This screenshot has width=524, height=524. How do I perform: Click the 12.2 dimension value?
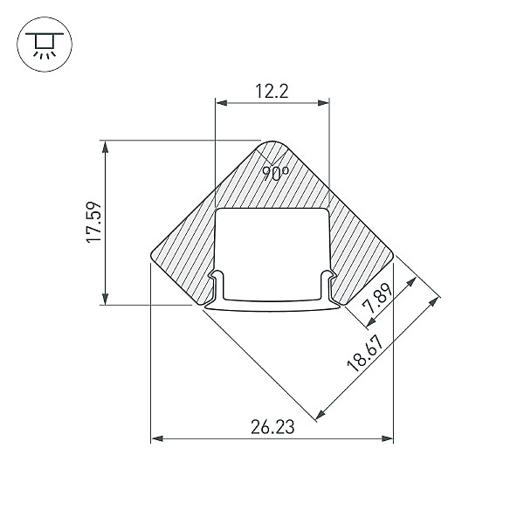(x=272, y=91)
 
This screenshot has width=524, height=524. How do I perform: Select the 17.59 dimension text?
(x=93, y=222)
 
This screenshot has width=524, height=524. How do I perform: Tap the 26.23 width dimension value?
(x=272, y=427)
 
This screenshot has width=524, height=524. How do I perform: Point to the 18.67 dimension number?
(x=364, y=354)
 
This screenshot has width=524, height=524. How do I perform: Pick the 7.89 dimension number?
(x=378, y=298)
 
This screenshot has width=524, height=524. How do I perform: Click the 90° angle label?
(x=275, y=174)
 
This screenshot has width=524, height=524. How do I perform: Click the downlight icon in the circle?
(x=45, y=45)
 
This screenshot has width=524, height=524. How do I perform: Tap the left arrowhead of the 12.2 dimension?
(x=222, y=102)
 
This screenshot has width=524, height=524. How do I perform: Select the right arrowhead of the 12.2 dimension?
(x=323, y=102)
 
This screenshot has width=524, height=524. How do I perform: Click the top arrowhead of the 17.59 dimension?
(x=106, y=147)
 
